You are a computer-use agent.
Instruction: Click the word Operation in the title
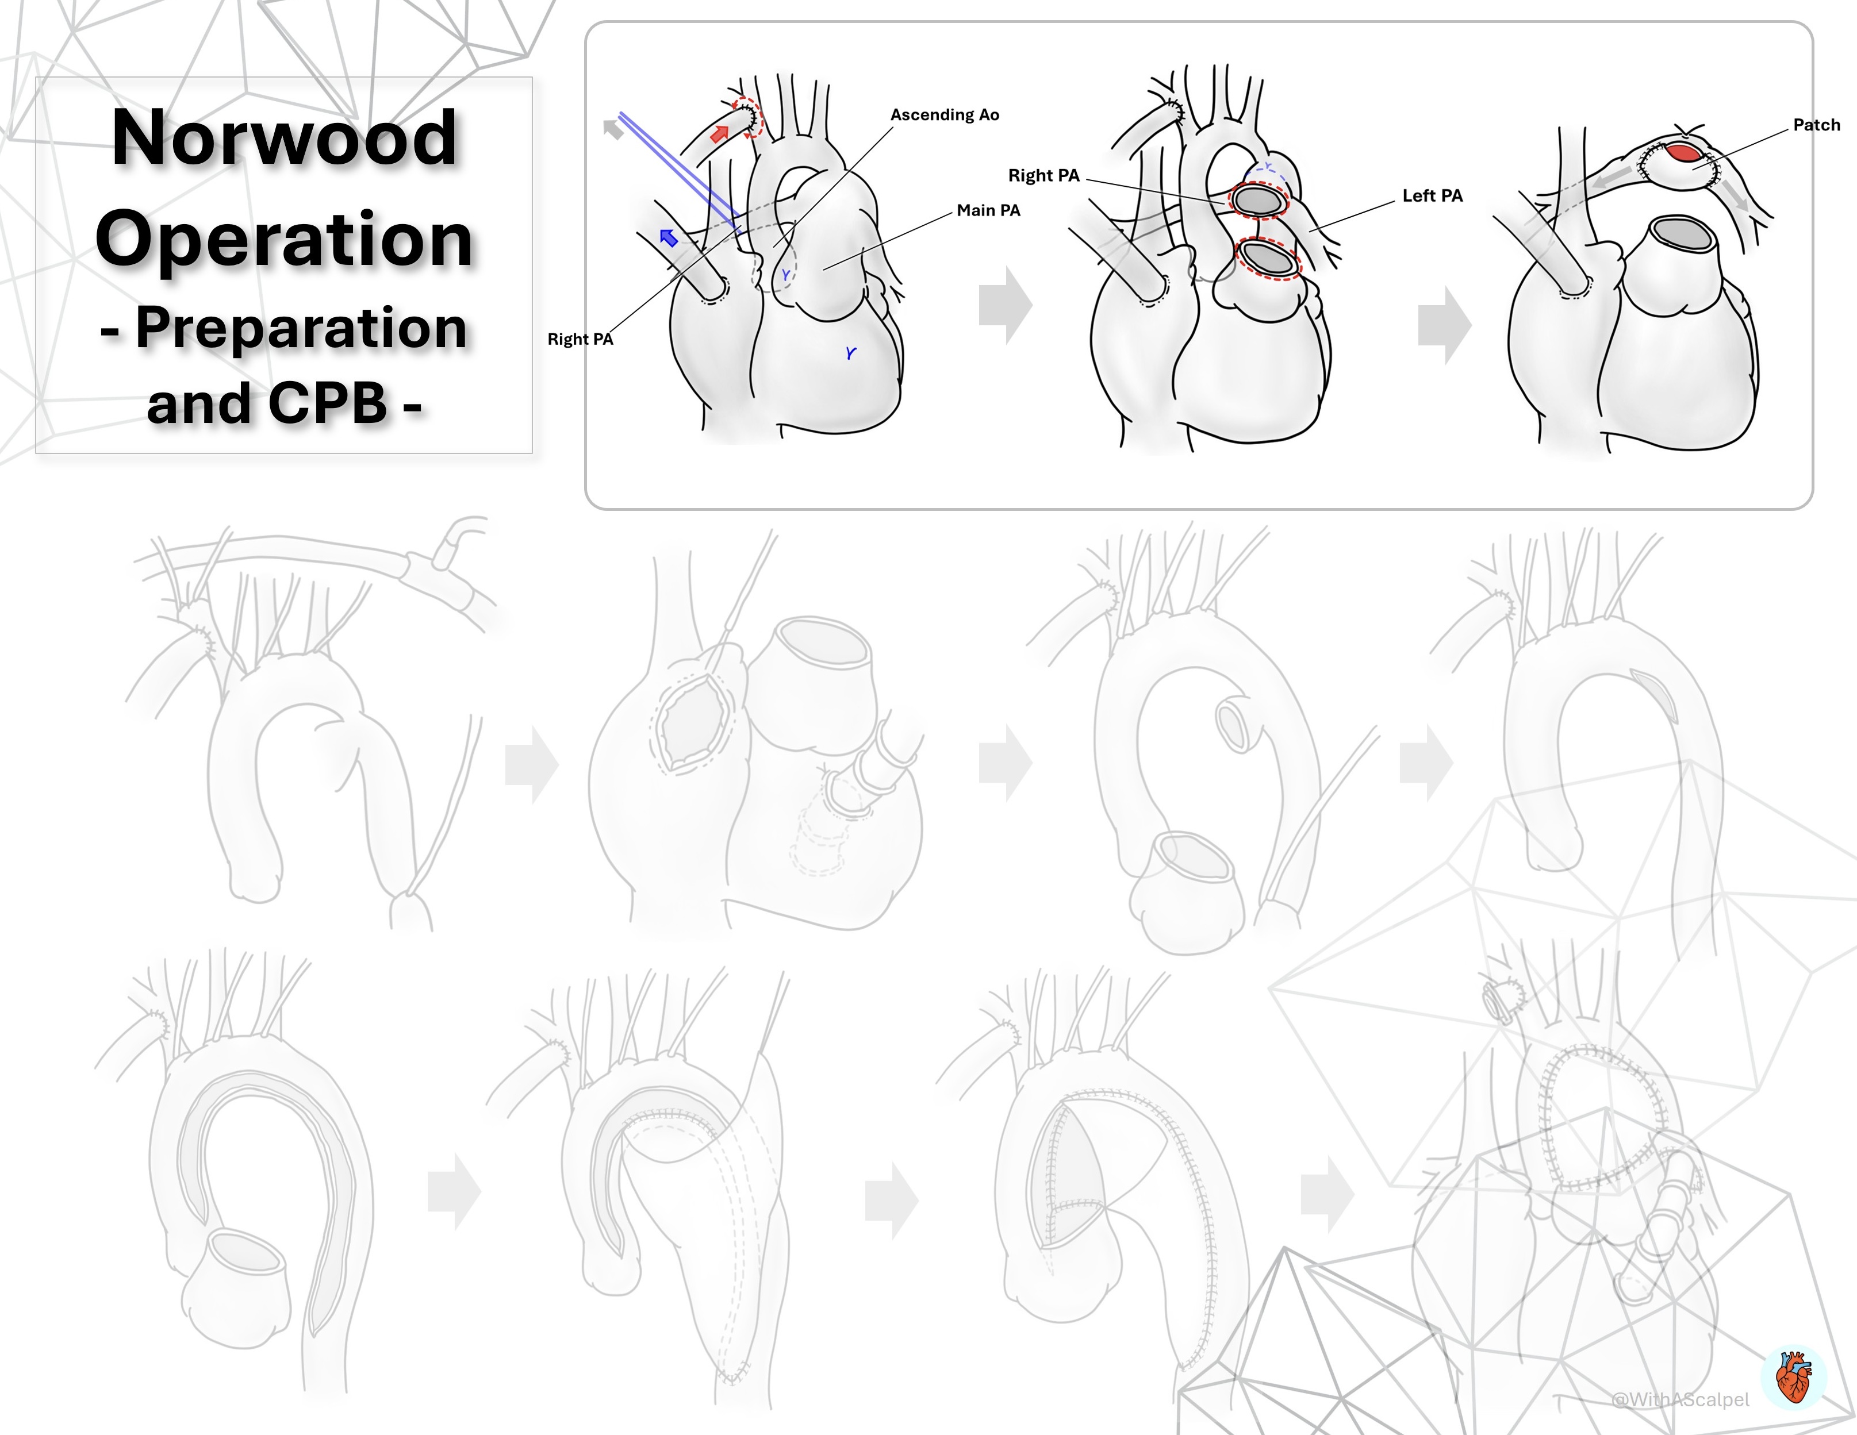coord(285,239)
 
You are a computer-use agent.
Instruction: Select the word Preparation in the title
coord(301,328)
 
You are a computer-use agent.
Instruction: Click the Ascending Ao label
coord(945,115)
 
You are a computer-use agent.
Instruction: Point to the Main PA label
coord(988,210)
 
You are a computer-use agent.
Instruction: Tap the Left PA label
coord(1433,195)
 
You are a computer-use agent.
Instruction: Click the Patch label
coord(1816,125)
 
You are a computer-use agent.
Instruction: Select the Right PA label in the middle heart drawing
coord(1043,175)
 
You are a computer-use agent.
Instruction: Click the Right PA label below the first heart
coord(580,339)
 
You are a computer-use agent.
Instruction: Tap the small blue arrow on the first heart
coord(668,237)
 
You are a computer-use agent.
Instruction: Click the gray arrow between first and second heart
coord(1006,305)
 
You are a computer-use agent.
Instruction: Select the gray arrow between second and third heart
coord(1445,325)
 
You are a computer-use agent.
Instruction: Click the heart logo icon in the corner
coord(1794,1377)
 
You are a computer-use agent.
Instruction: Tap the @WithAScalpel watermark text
coord(1680,1399)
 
